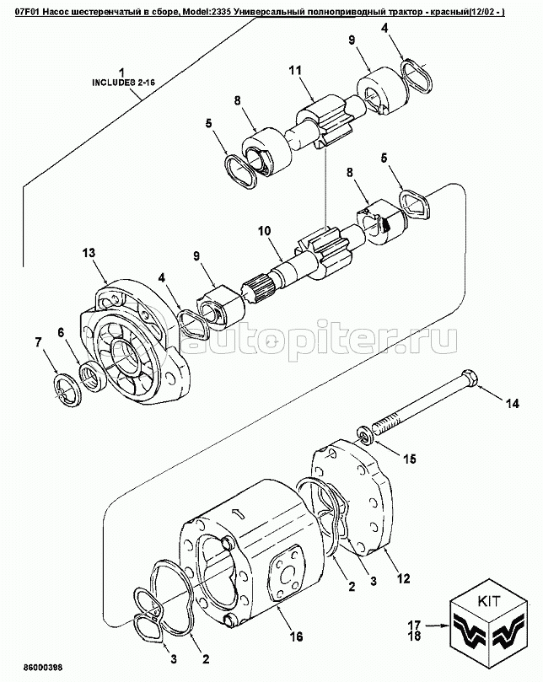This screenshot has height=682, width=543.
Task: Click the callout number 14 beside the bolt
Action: tap(513, 404)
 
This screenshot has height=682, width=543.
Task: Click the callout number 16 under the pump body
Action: tap(296, 636)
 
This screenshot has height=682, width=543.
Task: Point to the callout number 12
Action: tap(403, 578)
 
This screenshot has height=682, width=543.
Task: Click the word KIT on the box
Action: tap(489, 602)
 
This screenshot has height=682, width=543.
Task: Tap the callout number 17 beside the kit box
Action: tap(414, 626)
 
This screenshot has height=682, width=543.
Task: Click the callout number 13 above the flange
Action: tap(89, 252)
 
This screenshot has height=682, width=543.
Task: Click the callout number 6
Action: tap(61, 332)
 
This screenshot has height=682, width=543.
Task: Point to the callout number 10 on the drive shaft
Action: tap(264, 230)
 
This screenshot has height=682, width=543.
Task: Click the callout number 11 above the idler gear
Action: tap(295, 70)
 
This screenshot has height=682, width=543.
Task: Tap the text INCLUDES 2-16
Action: tap(124, 83)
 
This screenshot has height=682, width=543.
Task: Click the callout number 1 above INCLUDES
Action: tap(122, 72)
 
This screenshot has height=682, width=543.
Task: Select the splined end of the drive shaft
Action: tap(255, 288)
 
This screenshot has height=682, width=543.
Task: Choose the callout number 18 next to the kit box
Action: tap(414, 636)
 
